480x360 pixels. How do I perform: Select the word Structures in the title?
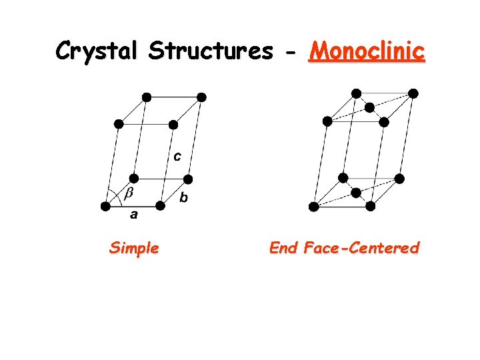click(209, 51)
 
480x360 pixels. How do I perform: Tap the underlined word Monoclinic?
click(366, 51)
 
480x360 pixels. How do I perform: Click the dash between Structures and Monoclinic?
click(289, 52)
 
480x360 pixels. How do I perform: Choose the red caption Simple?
click(134, 249)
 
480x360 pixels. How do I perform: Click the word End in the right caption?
click(283, 249)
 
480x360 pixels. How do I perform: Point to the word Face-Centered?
click(361, 249)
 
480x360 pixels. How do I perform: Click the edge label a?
click(133, 215)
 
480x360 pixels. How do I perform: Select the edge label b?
click(184, 197)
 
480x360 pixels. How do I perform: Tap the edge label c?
click(177, 157)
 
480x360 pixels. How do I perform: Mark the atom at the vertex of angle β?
click(105, 206)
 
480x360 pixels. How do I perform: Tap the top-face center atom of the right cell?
click(369, 107)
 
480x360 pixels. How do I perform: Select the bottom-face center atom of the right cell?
click(356, 193)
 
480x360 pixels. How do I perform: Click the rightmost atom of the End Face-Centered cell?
click(413, 93)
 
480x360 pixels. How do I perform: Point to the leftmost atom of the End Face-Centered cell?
click(313, 207)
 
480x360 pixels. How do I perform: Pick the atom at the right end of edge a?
click(160, 206)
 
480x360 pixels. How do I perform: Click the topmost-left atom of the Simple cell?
click(147, 97)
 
